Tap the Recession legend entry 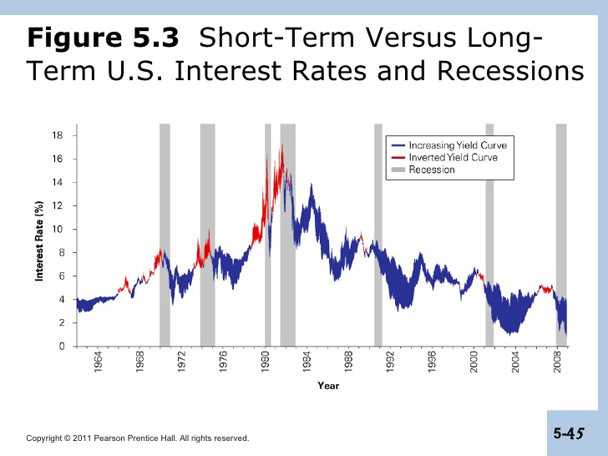tap(432, 170)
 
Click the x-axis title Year tap(328, 386)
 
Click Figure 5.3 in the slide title tap(103, 38)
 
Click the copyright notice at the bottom tap(138, 438)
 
